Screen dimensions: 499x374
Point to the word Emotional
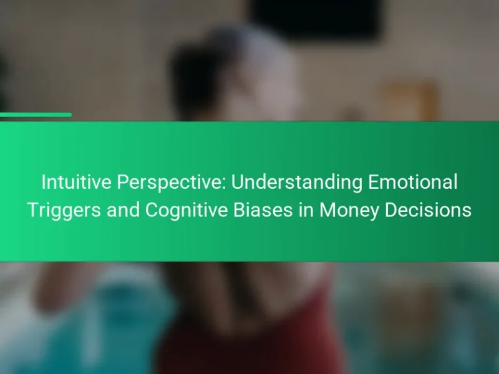413,182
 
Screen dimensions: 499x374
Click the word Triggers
64,211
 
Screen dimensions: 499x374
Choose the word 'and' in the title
123,210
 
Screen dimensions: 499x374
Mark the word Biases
263,210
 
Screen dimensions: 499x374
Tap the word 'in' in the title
306,210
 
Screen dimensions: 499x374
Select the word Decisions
428,210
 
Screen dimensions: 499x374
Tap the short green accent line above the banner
36,115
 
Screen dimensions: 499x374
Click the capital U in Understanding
238,182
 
